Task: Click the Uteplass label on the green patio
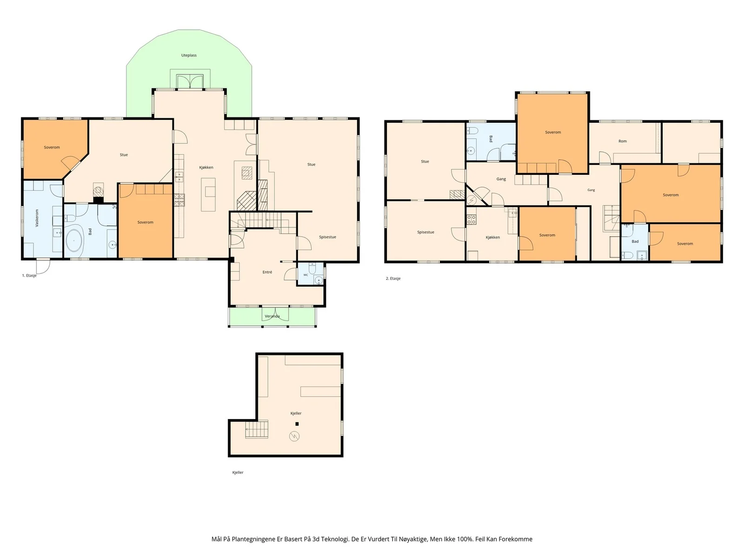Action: [x=189, y=55]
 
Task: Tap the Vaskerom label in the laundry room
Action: [x=37, y=218]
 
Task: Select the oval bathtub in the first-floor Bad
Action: [x=74, y=240]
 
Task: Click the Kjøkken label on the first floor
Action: [x=206, y=167]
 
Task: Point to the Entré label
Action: [x=267, y=272]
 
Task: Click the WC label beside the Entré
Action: [x=306, y=275]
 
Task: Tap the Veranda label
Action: [x=272, y=316]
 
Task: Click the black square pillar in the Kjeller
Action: [x=297, y=424]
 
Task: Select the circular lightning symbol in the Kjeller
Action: [x=294, y=436]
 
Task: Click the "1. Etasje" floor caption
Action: [x=29, y=275]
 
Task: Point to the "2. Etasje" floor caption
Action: [x=393, y=279]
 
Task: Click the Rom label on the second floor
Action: [x=623, y=141]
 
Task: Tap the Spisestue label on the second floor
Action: [x=426, y=232]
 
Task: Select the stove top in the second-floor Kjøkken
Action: [x=472, y=219]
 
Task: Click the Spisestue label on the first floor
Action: [x=327, y=237]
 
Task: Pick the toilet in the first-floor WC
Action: [x=312, y=268]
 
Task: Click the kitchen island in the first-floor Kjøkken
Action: [x=208, y=195]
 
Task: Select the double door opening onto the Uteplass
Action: [x=190, y=81]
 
